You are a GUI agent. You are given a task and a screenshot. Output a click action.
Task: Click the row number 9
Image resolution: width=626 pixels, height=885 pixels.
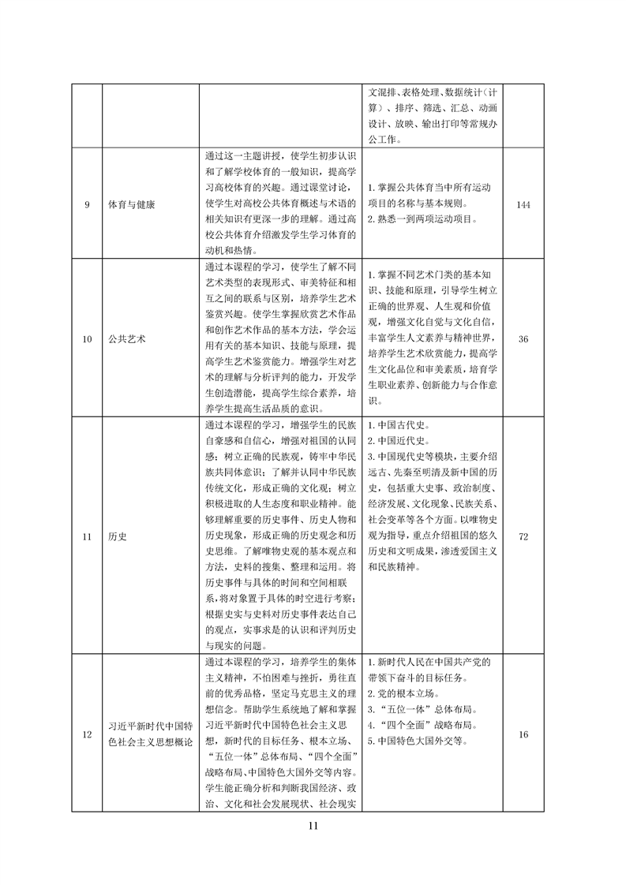click(87, 204)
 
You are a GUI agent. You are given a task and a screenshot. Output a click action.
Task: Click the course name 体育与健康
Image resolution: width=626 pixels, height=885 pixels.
click(131, 204)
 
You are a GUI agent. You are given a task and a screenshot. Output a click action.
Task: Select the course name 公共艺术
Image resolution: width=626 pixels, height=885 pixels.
click(126, 338)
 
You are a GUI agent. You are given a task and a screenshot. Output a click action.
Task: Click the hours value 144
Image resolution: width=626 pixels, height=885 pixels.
click(523, 204)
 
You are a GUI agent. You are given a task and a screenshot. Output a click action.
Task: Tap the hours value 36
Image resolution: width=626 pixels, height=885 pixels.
click(523, 338)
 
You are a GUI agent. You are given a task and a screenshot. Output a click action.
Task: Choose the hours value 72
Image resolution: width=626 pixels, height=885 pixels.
click(523, 536)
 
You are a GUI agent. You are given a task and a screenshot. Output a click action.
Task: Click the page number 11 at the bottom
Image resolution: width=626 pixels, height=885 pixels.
click(313, 826)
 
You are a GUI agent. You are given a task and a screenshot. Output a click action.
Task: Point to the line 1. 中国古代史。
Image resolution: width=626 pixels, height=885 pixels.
click(399, 424)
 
